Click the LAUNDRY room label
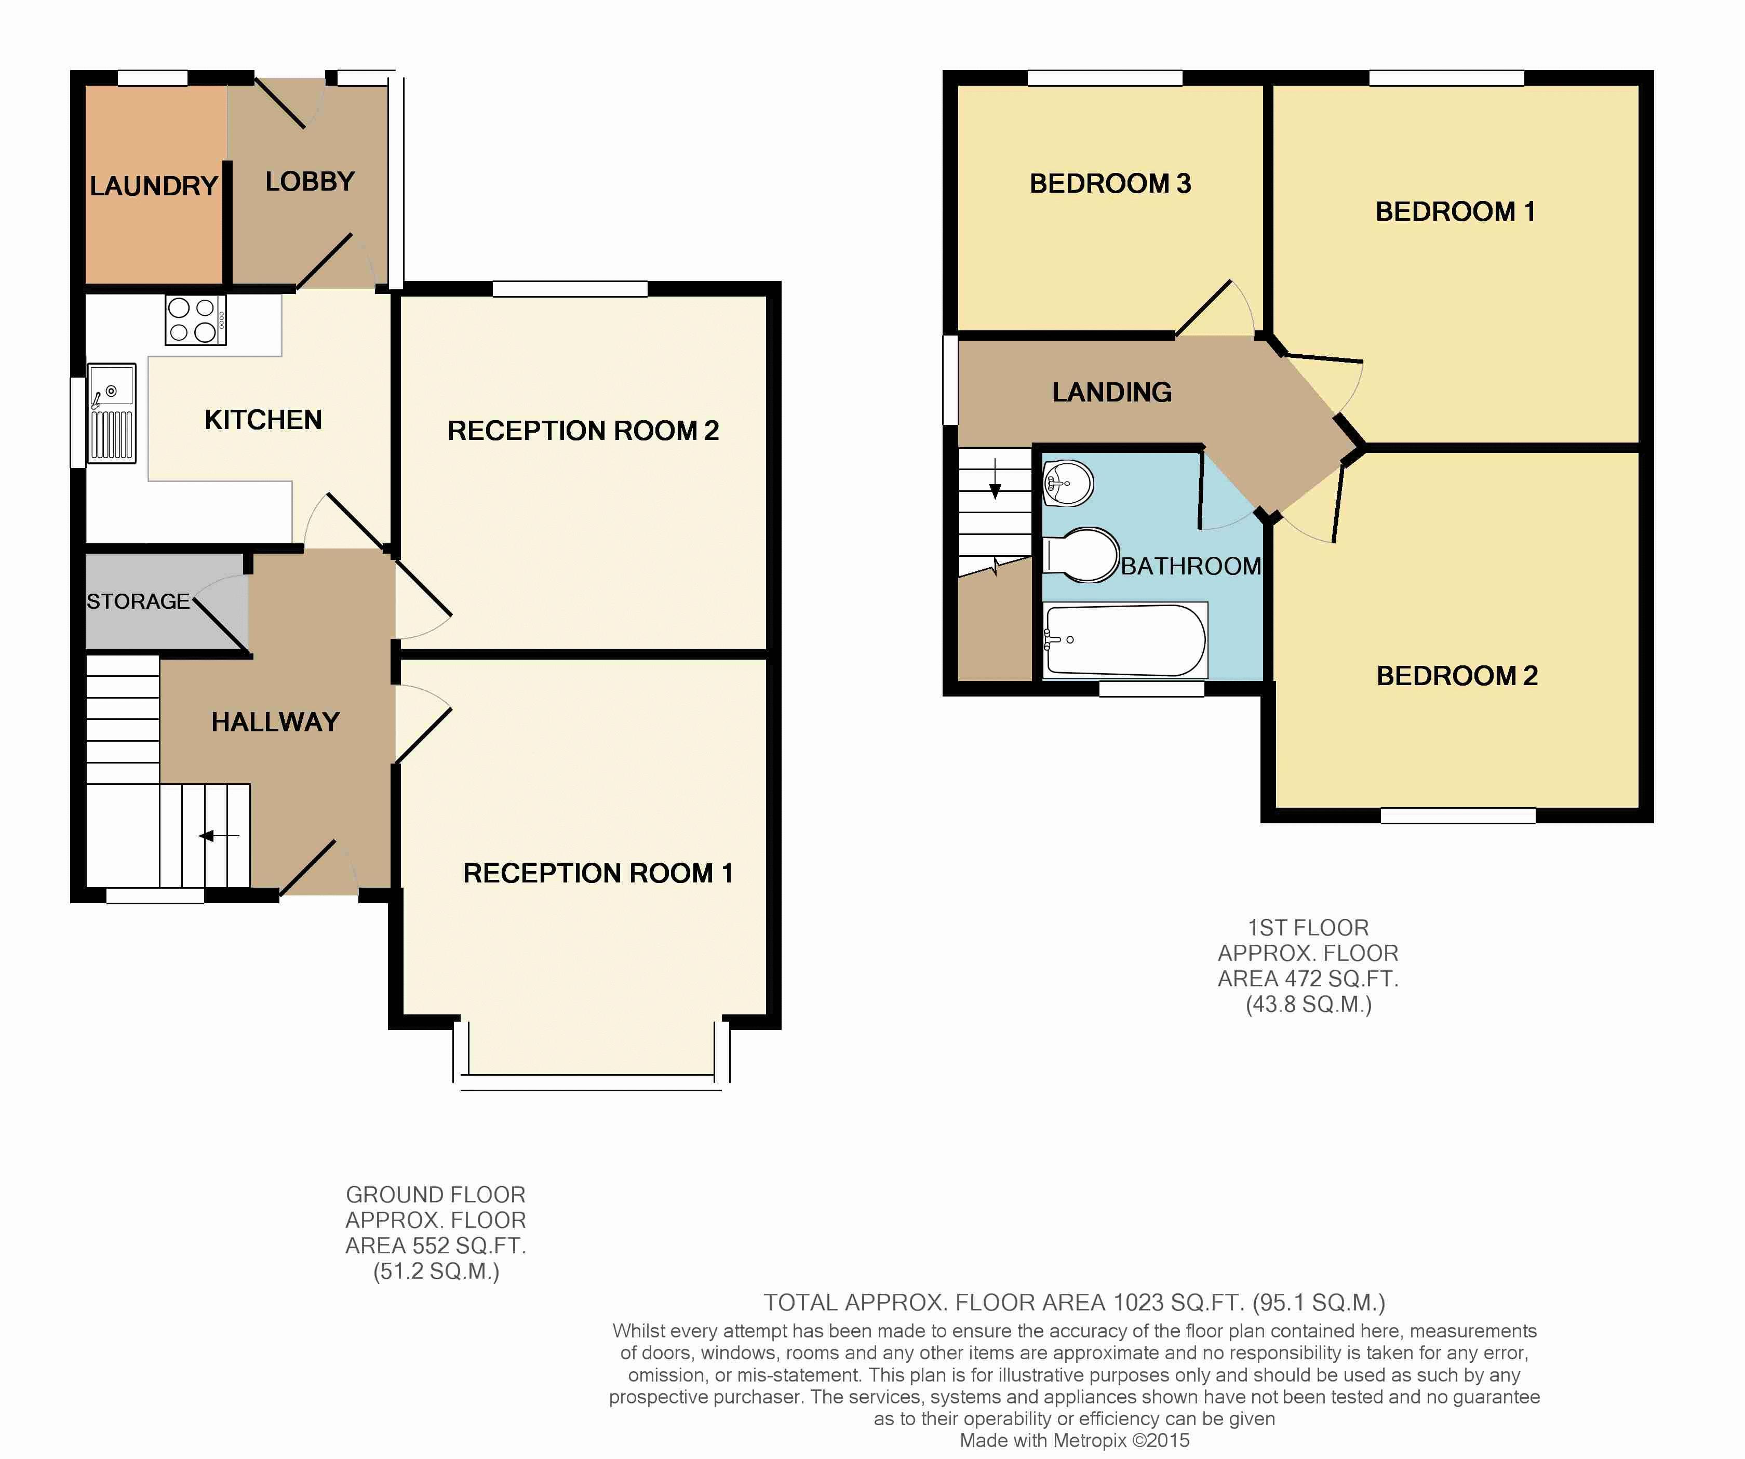pyautogui.click(x=154, y=185)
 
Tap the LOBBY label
pyautogui.click(x=310, y=181)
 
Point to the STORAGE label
pyautogui.click(x=138, y=601)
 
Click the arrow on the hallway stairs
pyautogui.click(x=219, y=836)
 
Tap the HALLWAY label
pyautogui.click(x=275, y=722)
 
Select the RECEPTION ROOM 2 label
pyautogui.click(x=583, y=431)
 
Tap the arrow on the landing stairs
pyautogui.click(x=996, y=480)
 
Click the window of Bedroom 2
pyautogui.click(x=1458, y=816)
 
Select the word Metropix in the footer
pyautogui.click(x=1090, y=1441)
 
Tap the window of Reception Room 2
pyautogui.click(x=570, y=289)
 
